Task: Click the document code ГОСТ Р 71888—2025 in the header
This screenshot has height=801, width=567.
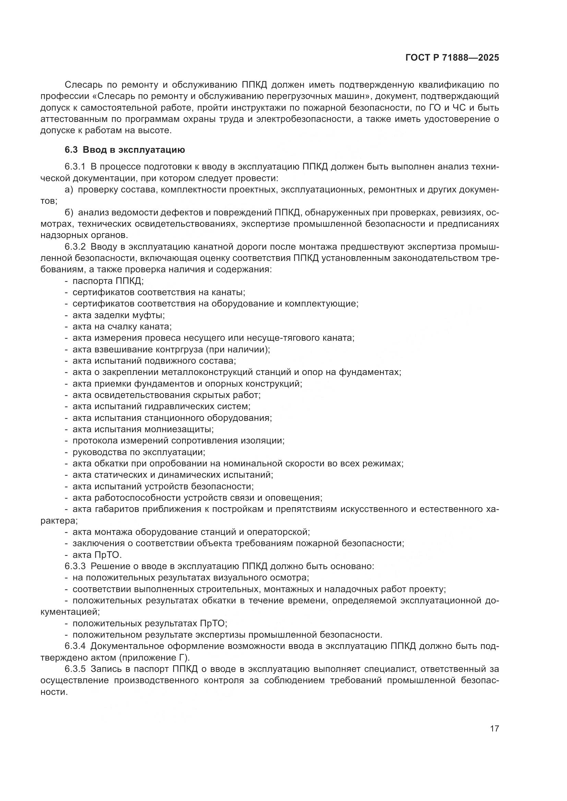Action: coord(452,58)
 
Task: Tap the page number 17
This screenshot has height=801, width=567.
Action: coord(494,729)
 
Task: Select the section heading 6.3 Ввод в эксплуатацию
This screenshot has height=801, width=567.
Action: coord(125,150)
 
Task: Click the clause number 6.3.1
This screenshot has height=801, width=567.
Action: coord(75,167)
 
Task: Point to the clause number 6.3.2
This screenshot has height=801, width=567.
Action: coord(75,247)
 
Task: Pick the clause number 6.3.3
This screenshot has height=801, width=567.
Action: coord(75,566)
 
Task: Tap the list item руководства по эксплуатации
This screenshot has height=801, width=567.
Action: coord(138,452)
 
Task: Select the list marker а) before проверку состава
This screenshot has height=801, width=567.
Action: coord(69,190)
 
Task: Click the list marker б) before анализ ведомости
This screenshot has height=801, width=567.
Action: coord(69,212)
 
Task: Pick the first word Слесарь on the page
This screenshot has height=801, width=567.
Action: coord(81,85)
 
